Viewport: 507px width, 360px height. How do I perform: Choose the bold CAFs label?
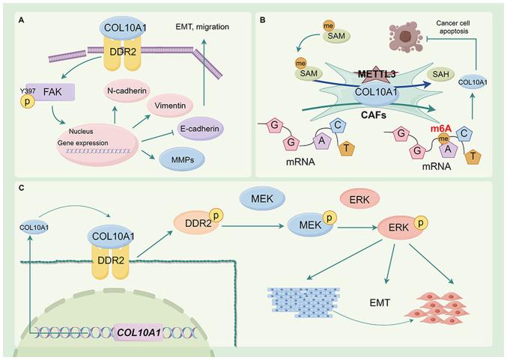click(382, 116)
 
